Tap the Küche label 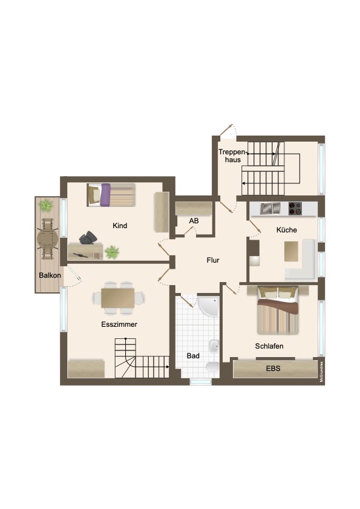(x=287, y=230)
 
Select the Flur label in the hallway (x=212, y=261)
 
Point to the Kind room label (x=120, y=226)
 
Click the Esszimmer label (x=119, y=324)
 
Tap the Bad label (x=193, y=356)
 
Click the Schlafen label (x=269, y=346)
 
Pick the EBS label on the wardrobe (x=273, y=368)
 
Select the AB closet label (x=194, y=221)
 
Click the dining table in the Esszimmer (x=119, y=298)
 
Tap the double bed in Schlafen (x=278, y=311)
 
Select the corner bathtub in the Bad (x=208, y=306)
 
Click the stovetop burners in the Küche (x=295, y=209)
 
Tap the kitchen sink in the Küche (x=270, y=209)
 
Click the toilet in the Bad (x=212, y=368)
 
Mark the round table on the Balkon (x=47, y=238)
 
